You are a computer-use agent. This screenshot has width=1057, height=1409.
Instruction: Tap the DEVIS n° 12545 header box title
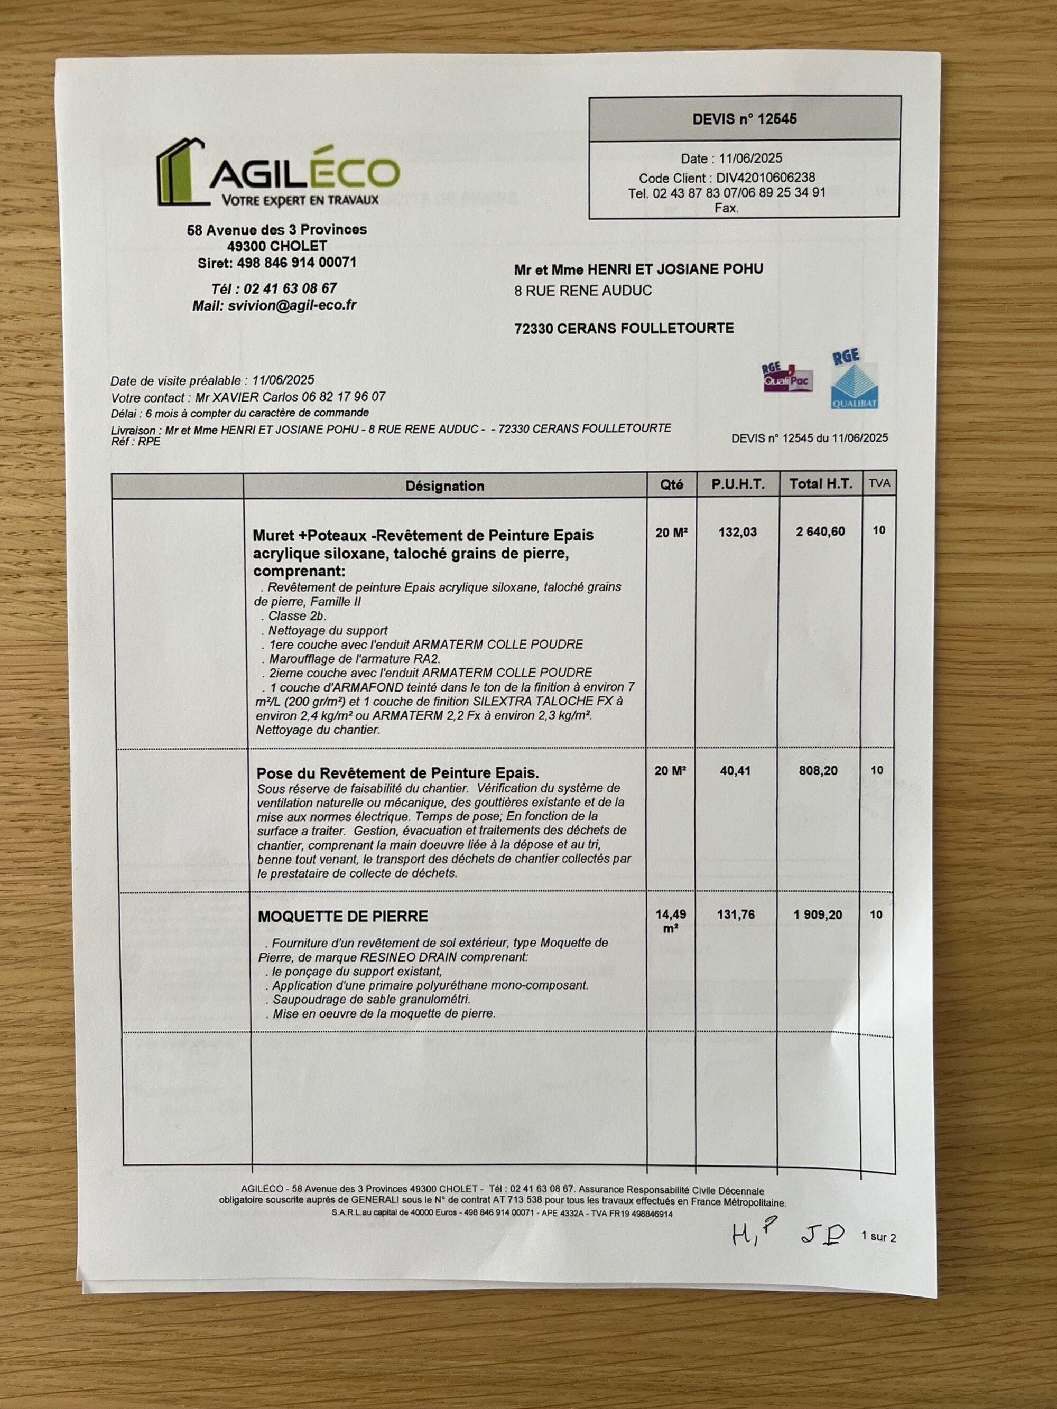744,119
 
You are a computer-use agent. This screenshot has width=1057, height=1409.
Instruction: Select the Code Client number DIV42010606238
765,178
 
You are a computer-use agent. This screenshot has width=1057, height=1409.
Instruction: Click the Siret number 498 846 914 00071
296,263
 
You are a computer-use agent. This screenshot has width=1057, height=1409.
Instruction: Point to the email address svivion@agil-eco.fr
292,305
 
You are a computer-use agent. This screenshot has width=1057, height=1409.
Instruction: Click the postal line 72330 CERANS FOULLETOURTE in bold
624,329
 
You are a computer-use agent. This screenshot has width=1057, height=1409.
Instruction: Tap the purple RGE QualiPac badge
787,377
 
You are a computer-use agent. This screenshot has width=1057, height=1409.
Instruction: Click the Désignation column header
444,486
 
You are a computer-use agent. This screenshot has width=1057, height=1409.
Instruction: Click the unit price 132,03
737,532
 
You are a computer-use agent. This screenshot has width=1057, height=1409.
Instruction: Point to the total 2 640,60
820,532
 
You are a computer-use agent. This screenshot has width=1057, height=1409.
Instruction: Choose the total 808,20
819,771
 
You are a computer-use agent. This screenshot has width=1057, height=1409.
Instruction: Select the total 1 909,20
818,916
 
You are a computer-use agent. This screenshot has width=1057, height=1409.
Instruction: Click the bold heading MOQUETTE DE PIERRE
343,917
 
